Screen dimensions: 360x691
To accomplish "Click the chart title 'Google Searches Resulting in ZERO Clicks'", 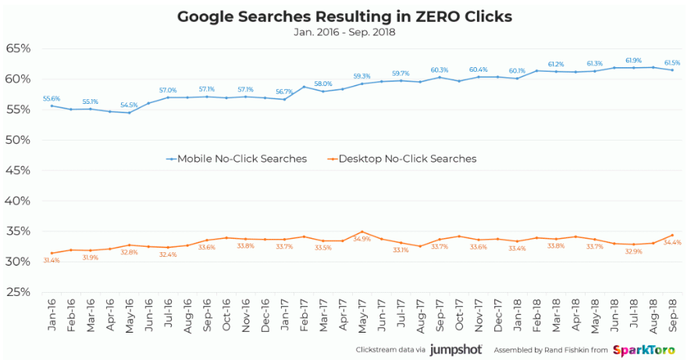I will [344, 16].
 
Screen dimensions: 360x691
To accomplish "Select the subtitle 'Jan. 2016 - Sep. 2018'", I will [344, 32].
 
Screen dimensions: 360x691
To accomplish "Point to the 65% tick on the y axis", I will [17, 48].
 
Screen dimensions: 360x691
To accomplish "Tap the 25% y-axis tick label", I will [17, 292].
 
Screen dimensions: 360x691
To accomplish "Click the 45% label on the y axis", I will [17, 170].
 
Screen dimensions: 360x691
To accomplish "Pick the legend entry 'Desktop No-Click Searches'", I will [407, 159].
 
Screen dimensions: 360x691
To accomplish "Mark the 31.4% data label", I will [52, 260].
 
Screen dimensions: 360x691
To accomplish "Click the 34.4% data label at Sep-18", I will [671, 243].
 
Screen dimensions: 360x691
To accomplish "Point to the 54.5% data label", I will [128, 105].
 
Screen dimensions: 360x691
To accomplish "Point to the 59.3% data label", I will [361, 76].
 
